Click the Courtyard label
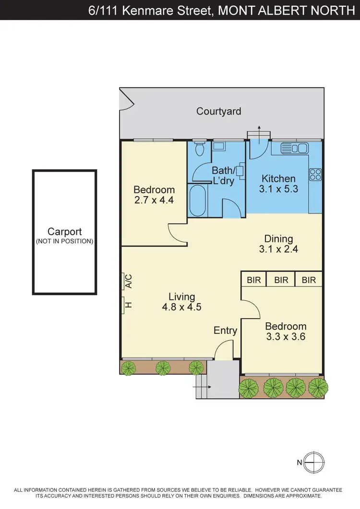pos(218,111)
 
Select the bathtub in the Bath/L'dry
pos(198,201)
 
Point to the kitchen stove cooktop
pos(315,174)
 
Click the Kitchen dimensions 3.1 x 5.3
pos(278,189)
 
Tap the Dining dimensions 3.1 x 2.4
pos(278,249)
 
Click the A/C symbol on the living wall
pos(128,281)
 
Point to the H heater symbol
pos(128,304)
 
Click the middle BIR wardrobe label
pos(281,280)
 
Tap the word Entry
pos(225,331)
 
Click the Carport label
pos(64,232)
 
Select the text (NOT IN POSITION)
pos(64,241)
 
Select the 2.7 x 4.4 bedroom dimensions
pos(154,199)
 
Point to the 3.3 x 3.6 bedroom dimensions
pos(286,336)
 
